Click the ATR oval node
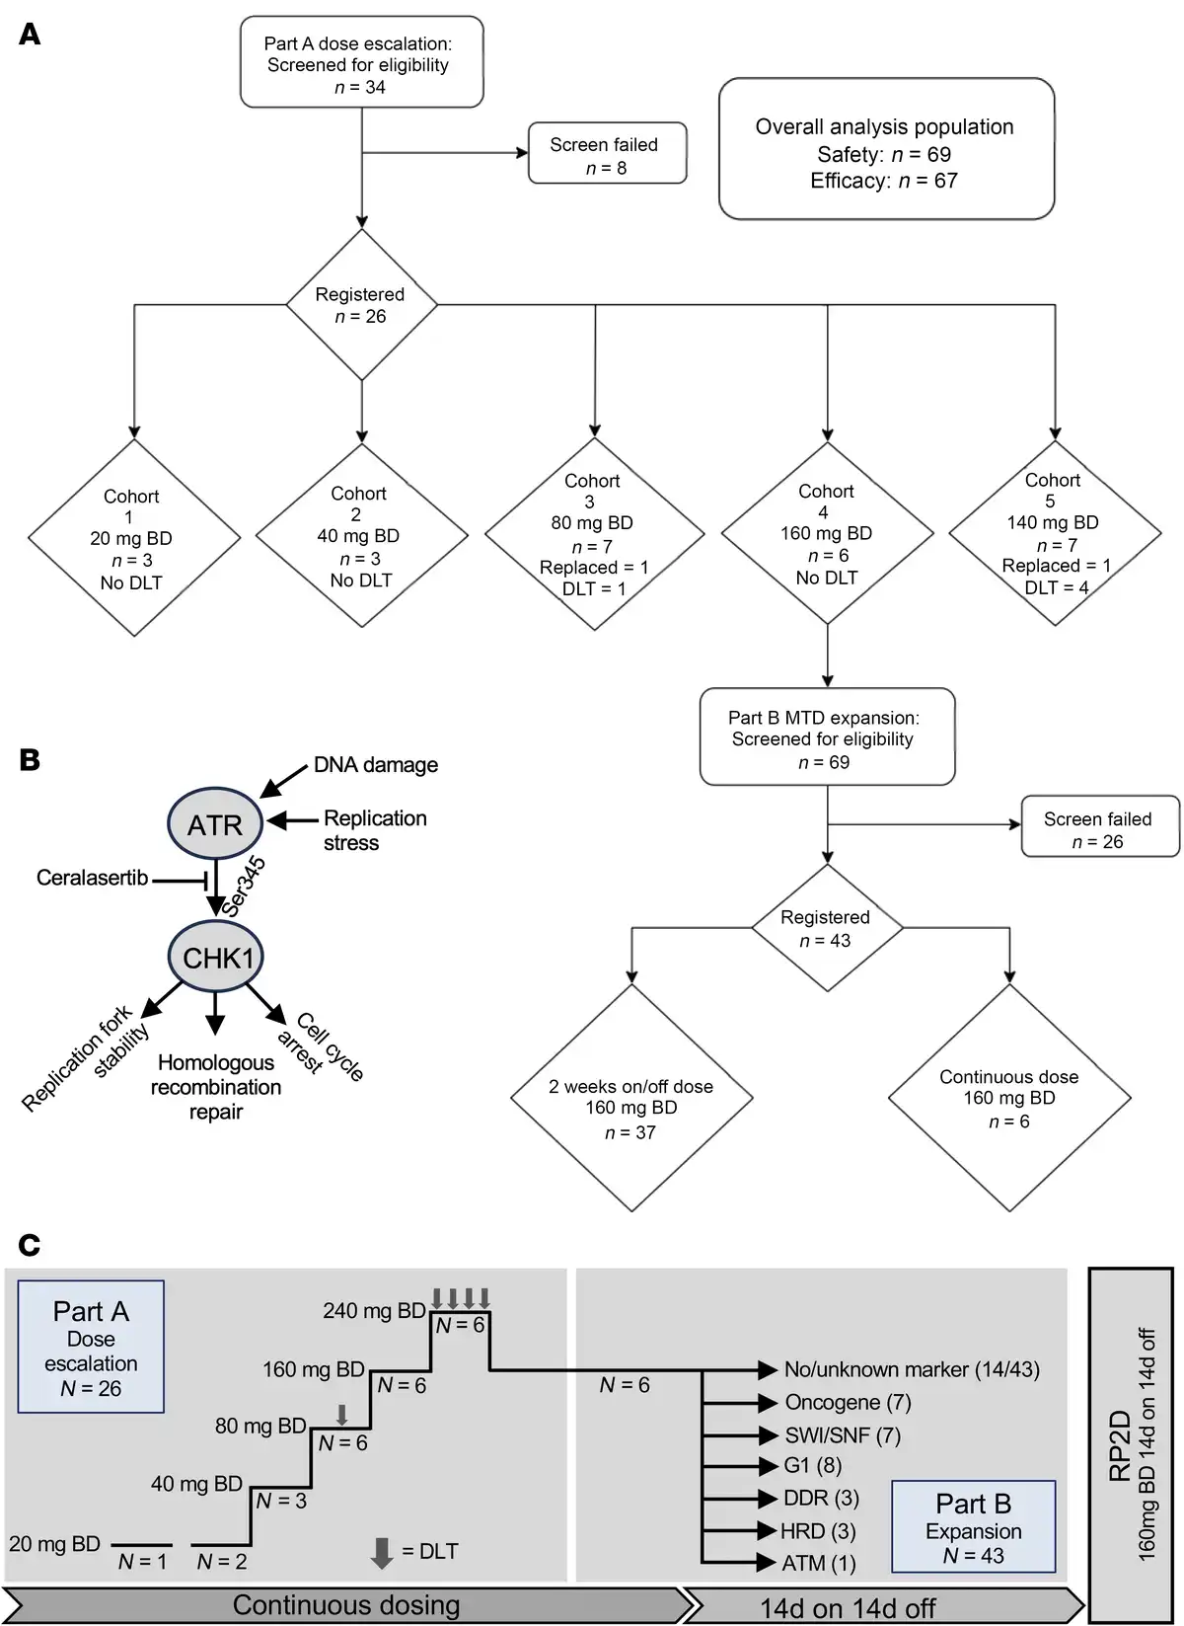click(215, 825)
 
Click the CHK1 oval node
click(217, 958)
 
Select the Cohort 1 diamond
click(133, 539)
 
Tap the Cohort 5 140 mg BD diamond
click(1054, 533)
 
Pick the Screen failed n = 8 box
click(606, 155)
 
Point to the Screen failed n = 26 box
click(1098, 829)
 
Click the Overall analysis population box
click(885, 151)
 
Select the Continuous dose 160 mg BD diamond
click(1008, 1098)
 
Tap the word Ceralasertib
click(92, 878)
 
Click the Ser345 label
click(246, 886)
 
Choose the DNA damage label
click(376, 765)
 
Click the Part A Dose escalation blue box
click(91, 1347)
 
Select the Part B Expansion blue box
click(973, 1526)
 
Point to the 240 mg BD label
click(374, 1311)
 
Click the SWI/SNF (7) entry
click(842, 1435)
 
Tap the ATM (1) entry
click(819, 1563)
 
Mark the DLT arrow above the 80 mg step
click(341, 1415)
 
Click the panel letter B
click(30, 760)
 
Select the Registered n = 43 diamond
click(826, 929)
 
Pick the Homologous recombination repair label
click(216, 1087)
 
